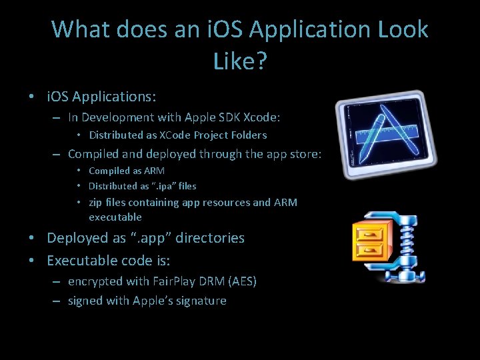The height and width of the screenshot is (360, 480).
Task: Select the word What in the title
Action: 79,30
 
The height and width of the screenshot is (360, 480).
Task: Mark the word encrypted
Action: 93,281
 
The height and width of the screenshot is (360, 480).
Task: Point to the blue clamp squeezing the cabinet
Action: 400,247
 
